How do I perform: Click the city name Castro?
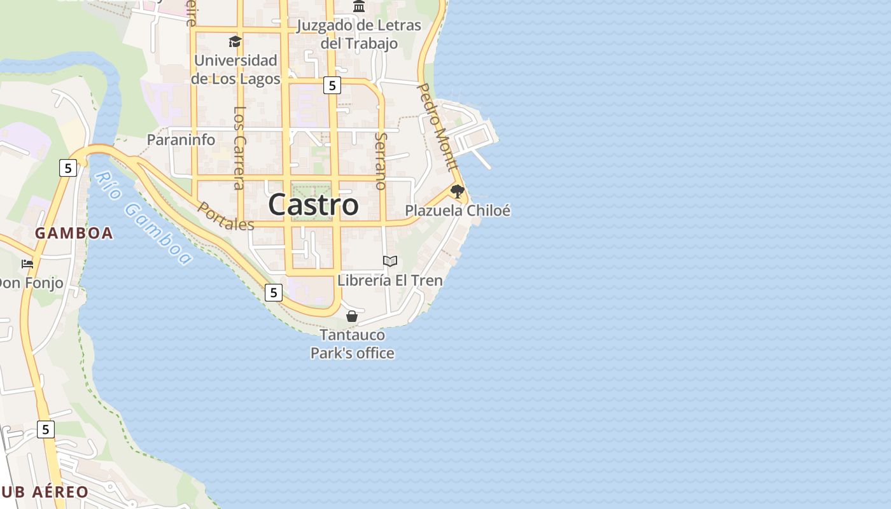tap(313, 205)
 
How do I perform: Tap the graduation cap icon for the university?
tap(235, 42)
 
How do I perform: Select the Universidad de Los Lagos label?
tap(235, 70)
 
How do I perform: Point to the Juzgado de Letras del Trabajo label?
tap(360, 34)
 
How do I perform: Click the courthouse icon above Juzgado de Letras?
tap(359, 6)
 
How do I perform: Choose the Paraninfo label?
tap(181, 140)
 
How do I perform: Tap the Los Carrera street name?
tap(239, 148)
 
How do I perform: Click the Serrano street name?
tap(381, 161)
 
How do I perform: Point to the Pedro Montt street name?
tap(438, 127)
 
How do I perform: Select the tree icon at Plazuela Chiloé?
tap(457, 191)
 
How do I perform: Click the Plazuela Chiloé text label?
tap(458, 211)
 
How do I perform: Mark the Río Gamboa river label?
tap(143, 218)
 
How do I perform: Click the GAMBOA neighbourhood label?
tap(74, 234)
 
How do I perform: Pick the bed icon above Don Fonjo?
tap(27, 263)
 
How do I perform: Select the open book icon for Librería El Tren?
tap(390, 261)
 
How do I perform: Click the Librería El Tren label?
tap(390, 280)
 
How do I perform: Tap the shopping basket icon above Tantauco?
tap(352, 316)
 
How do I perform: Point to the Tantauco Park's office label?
tap(352, 344)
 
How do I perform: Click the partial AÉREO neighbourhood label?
tap(45, 492)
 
